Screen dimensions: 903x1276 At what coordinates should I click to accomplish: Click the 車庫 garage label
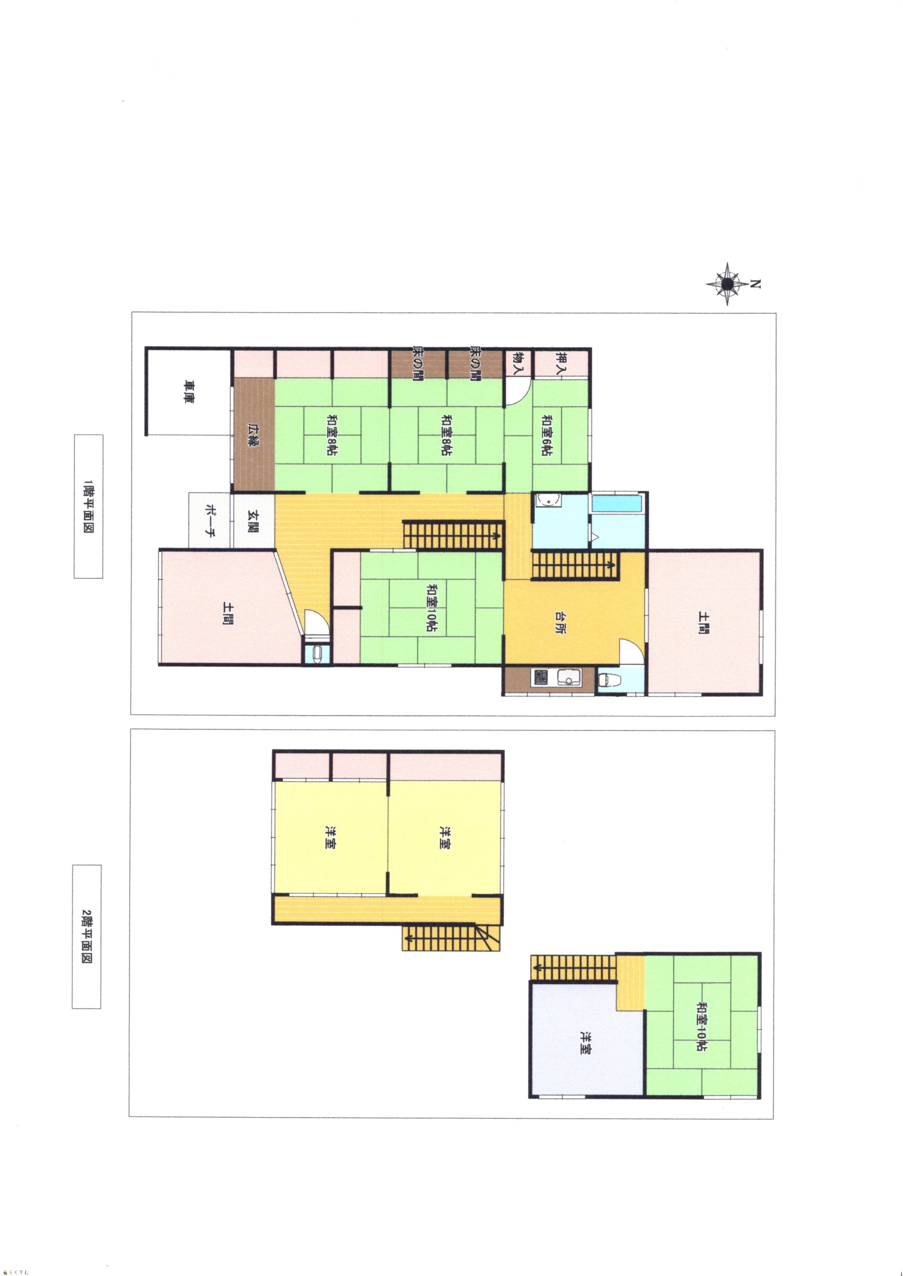pyautogui.click(x=190, y=391)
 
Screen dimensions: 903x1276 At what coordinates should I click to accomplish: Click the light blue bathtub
pyautogui.click(x=618, y=503)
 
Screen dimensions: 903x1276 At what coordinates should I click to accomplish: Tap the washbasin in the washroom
pyautogui.click(x=549, y=501)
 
